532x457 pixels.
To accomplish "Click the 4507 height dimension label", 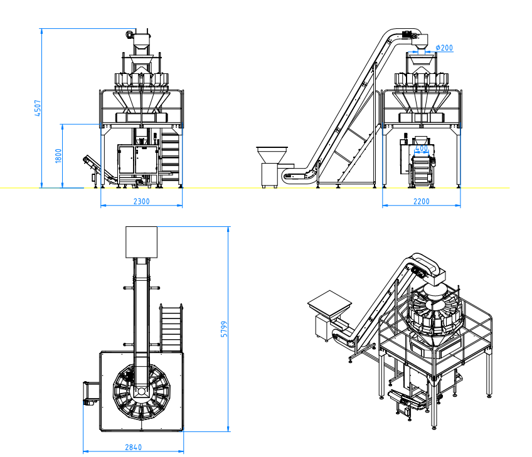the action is click(x=38, y=108).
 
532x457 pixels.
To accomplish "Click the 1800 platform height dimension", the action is click(x=58, y=155).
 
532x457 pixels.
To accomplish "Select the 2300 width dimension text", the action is click(x=142, y=201).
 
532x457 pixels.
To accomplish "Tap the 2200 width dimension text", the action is click(x=422, y=201).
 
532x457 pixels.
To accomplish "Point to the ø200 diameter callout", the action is click(x=444, y=48).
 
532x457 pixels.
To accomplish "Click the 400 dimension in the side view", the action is click(x=422, y=149).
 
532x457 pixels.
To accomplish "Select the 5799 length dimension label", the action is click(x=224, y=329).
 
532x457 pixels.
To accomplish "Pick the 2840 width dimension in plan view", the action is click(x=134, y=447).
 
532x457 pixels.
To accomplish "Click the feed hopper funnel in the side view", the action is click(x=272, y=155).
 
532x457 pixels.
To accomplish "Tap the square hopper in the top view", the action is click(x=142, y=242).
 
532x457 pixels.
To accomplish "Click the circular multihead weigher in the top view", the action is click(x=142, y=392).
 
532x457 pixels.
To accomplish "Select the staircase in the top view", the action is click(x=171, y=328).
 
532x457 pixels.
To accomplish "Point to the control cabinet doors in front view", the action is click(x=139, y=159).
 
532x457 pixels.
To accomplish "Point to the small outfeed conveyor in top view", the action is click(x=91, y=393).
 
